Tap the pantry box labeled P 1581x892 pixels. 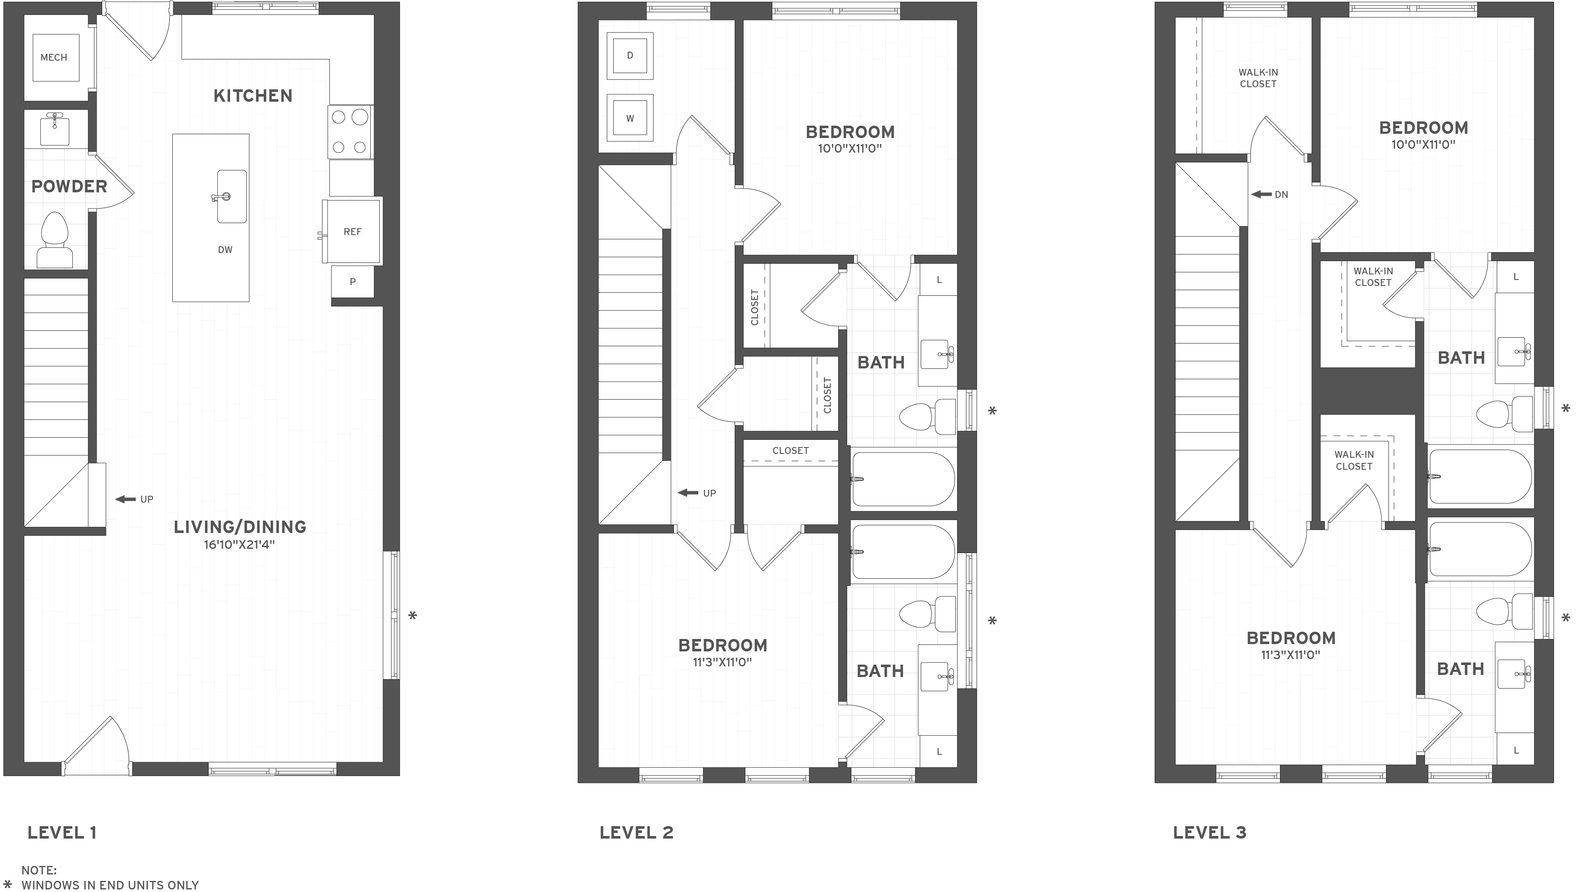pyautogui.click(x=353, y=282)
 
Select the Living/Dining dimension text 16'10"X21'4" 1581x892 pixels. pyautogui.click(x=239, y=544)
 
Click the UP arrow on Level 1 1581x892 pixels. pyautogui.click(x=126, y=499)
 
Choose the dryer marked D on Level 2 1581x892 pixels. pyautogui.click(x=629, y=56)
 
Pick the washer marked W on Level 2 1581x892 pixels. pyautogui.click(x=629, y=118)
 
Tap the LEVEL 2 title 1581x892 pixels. pyautogui.click(x=636, y=833)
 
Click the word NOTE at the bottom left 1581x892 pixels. pyautogui.click(x=38, y=870)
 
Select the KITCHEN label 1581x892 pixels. pyautogui.click(x=253, y=96)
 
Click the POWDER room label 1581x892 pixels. pyautogui.click(x=69, y=186)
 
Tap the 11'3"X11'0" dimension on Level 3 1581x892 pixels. pyautogui.click(x=1291, y=655)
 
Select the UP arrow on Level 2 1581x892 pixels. pyautogui.click(x=688, y=493)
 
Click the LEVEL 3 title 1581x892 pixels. pyautogui.click(x=1210, y=833)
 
